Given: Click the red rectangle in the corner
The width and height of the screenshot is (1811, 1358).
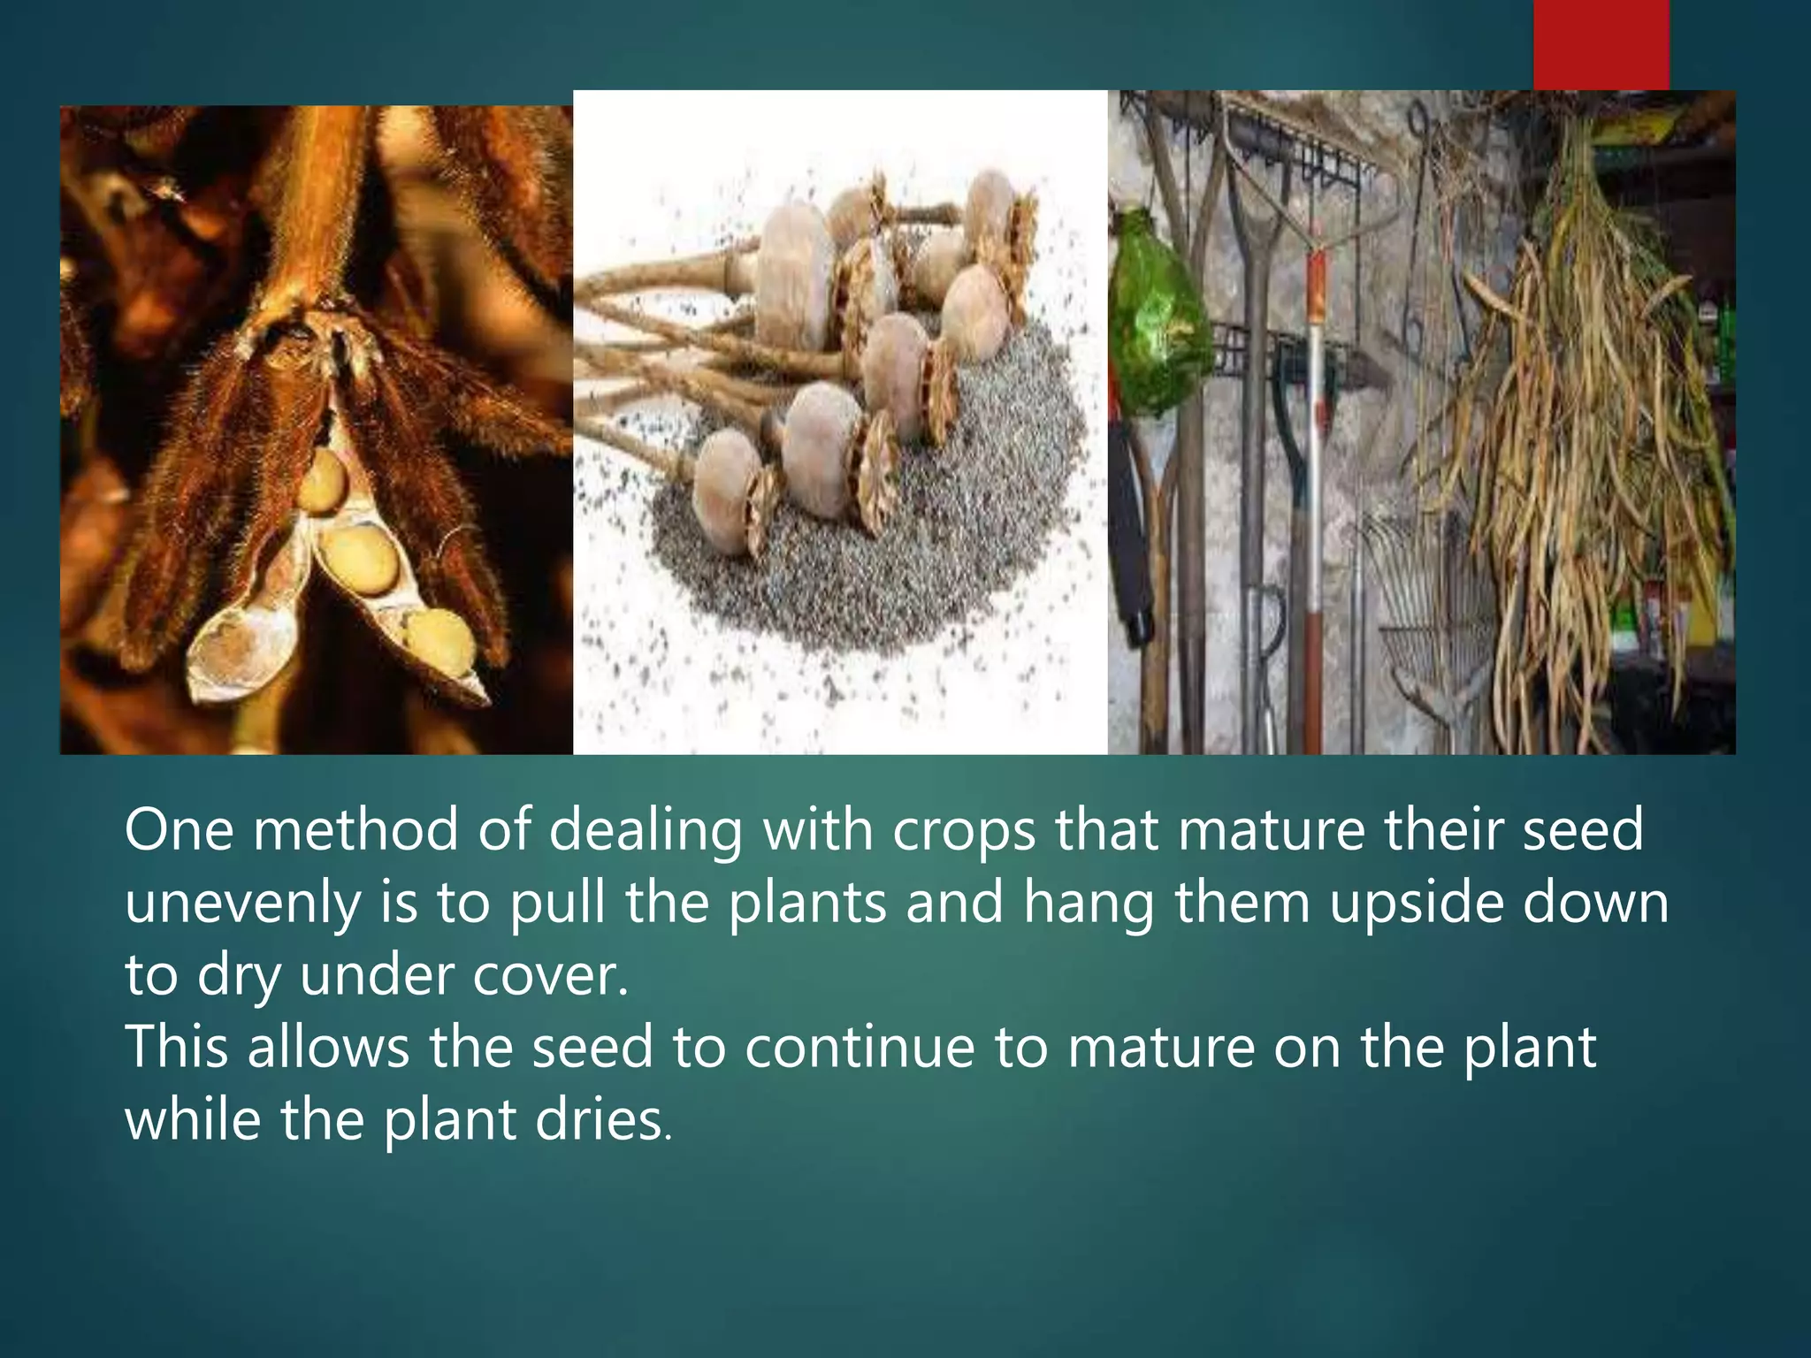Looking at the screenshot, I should pyautogui.click(x=1601, y=44).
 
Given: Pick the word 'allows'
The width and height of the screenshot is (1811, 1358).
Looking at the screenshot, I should pyautogui.click(x=328, y=1049).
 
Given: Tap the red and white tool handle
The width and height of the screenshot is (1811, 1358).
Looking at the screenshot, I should pyautogui.click(x=1315, y=442).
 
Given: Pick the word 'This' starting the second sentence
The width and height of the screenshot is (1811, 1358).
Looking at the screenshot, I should pyautogui.click(x=176, y=1049).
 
